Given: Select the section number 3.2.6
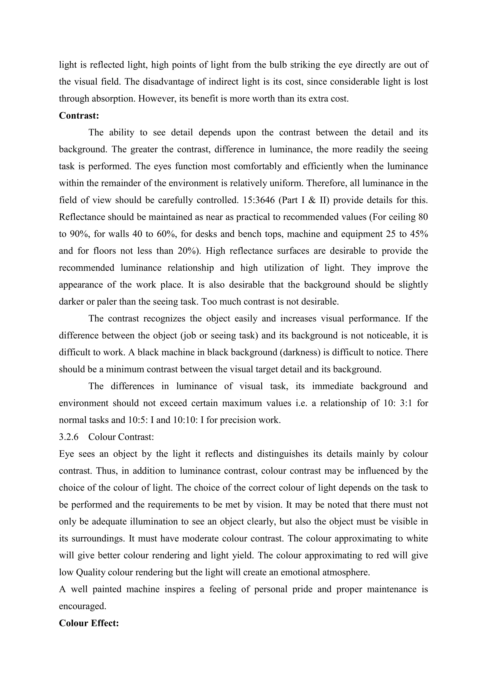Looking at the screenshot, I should (69, 437).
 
